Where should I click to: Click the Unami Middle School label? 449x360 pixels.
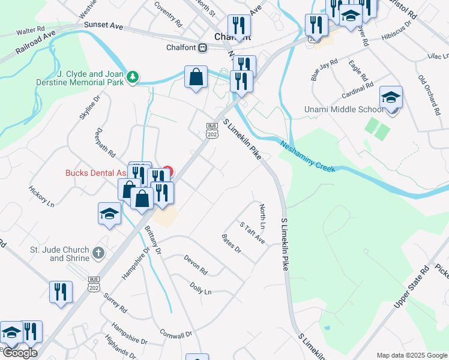click(x=344, y=109)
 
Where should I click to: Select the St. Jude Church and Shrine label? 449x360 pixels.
click(x=59, y=254)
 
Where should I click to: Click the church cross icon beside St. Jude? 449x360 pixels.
click(x=99, y=253)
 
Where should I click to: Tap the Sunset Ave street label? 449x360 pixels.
click(x=103, y=26)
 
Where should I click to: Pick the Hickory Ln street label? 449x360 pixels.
click(x=41, y=196)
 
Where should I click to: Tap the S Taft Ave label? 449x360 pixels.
click(x=252, y=232)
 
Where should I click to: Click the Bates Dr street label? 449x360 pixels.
click(x=231, y=244)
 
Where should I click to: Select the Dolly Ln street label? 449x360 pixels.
click(x=200, y=289)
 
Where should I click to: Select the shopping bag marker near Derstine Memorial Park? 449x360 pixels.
click(x=196, y=77)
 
